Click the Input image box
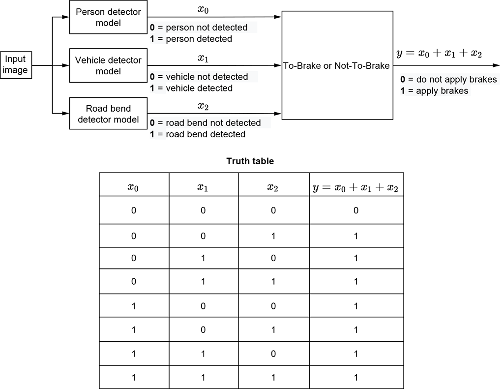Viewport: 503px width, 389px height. [x=16, y=65]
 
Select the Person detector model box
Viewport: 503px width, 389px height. [x=108, y=17]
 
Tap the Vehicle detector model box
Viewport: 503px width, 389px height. [x=108, y=65]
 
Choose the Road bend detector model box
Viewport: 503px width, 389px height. [x=108, y=114]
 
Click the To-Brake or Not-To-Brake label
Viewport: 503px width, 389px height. [x=337, y=65]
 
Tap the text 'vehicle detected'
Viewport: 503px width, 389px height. [x=202, y=89]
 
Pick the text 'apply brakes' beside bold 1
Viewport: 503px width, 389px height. [x=442, y=91]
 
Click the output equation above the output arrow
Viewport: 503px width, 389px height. [x=439, y=53]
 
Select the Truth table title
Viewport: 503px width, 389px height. [x=250, y=161]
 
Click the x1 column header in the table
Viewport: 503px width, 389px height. [x=203, y=187]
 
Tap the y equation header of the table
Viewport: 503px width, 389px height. [x=356, y=187]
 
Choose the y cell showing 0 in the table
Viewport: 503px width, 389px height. [x=356, y=210]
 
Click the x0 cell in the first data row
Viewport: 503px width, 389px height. [x=134, y=210]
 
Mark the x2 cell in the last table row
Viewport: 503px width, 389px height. [x=273, y=378]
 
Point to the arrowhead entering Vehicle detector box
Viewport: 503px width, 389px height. [x=66, y=65]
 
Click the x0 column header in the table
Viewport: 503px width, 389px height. [x=134, y=187]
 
